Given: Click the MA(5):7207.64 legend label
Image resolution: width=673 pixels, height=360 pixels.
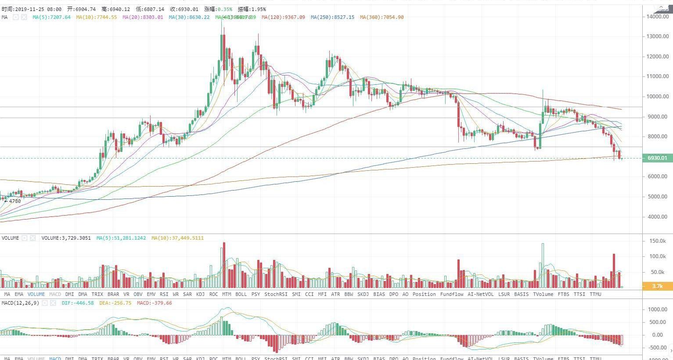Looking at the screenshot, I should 51,17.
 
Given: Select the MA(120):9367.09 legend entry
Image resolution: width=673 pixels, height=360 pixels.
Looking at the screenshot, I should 283,17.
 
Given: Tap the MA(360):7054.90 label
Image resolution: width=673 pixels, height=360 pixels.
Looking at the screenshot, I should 381,17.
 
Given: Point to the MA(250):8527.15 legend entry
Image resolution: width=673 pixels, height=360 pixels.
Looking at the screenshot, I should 332,17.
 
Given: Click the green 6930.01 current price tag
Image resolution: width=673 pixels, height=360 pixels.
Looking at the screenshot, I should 657,158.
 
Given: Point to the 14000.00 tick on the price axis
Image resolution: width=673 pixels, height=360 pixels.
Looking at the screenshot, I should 657,17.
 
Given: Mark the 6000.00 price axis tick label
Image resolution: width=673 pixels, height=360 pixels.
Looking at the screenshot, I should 657,176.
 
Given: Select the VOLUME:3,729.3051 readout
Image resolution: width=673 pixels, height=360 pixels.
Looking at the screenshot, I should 66,238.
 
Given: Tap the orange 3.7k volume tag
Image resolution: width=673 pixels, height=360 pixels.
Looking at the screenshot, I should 657,286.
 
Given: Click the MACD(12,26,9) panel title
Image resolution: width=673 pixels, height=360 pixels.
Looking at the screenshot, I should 20,303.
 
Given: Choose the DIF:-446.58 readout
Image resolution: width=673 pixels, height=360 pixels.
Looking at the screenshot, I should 78,303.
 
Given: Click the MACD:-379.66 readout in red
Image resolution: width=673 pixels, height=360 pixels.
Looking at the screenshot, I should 154,303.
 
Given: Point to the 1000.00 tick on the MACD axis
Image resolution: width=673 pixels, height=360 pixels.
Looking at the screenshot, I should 657,310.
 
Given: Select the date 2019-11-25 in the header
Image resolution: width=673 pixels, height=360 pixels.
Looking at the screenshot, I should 30,9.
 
